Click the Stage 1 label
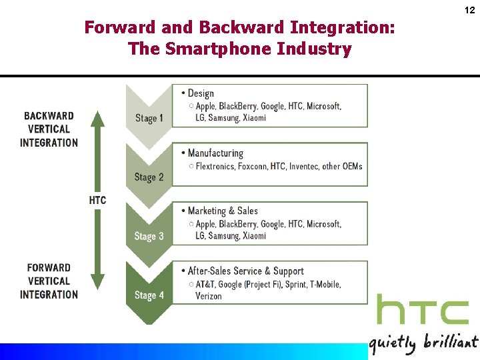tap(149, 118)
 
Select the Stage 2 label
tap(149, 177)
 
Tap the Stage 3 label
tap(149, 236)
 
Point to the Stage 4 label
tap(149, 295)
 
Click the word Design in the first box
tap(201, 93)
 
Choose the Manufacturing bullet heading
tap(215, 153)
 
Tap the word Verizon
tap(209, 296)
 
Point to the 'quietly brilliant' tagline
tap(423, 343)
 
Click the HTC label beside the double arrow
tap(97, 200)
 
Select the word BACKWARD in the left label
tap(49, 116)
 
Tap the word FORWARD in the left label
tap(49, 268)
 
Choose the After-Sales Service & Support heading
tap(245, 271)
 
